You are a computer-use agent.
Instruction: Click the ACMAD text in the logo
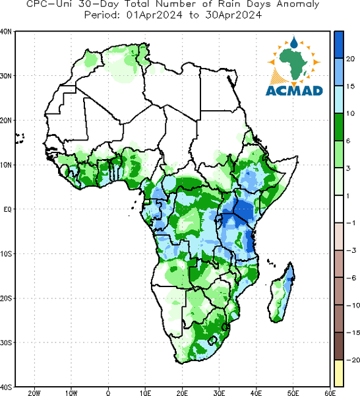(294, 90)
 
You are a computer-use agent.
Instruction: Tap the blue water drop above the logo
(293, 42)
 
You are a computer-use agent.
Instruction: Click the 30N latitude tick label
(6, 76)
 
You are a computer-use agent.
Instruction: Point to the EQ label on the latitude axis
(8, 209)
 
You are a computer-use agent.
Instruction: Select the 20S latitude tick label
(6, 298)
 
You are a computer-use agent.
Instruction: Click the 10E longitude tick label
(145, 393)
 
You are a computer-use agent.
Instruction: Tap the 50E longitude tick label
(293, 393)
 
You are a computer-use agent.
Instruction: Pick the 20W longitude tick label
(34, 393)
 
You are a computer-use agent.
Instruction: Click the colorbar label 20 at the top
(350, 59)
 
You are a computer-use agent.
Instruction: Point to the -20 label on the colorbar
(353, 360)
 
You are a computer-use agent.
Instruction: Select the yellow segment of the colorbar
(339, 373)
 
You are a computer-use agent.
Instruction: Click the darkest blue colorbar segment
(339, 45)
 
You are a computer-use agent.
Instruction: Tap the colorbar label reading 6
(348, 141)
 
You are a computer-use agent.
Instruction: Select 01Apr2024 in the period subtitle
(154, 15)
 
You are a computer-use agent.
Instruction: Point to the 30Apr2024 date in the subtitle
(233, 15)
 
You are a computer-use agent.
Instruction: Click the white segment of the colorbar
(339, 209)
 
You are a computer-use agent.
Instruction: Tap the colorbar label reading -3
(351, 250)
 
